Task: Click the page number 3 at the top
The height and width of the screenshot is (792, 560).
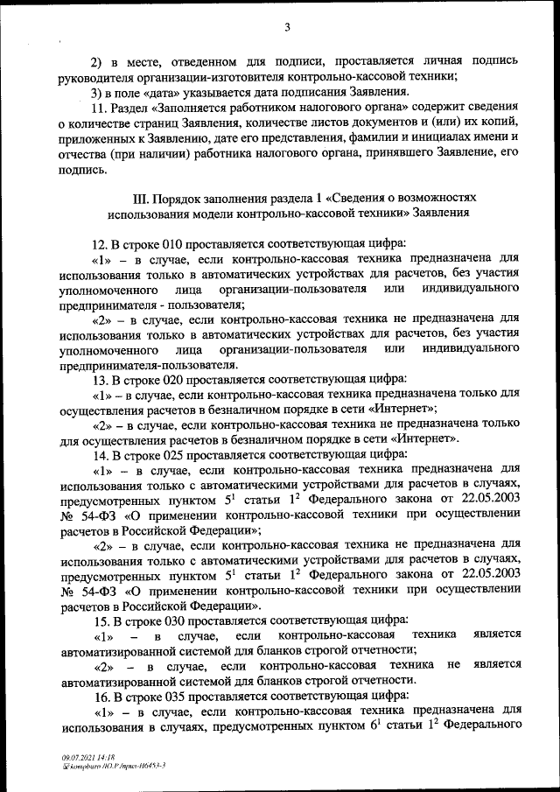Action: tap(286, 26)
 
